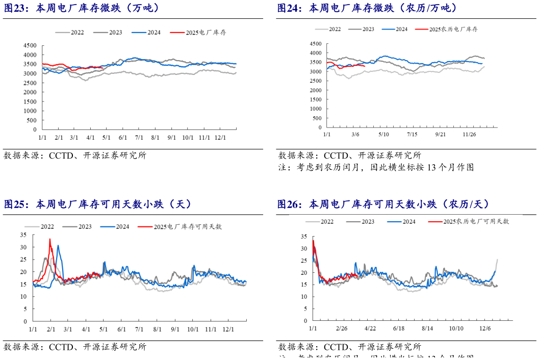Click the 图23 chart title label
tap(82, 8)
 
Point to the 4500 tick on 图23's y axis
tap(30, 45)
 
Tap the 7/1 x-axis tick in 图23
tap(139, 138)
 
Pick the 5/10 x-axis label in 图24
tap(383, 134)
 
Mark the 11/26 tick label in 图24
tap(469, 134)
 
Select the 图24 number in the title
tap(290, 8)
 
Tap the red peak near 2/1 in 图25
tap(50, 239)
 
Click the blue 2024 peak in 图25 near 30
tap(58, 246)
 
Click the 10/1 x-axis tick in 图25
tap(192, 329)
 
